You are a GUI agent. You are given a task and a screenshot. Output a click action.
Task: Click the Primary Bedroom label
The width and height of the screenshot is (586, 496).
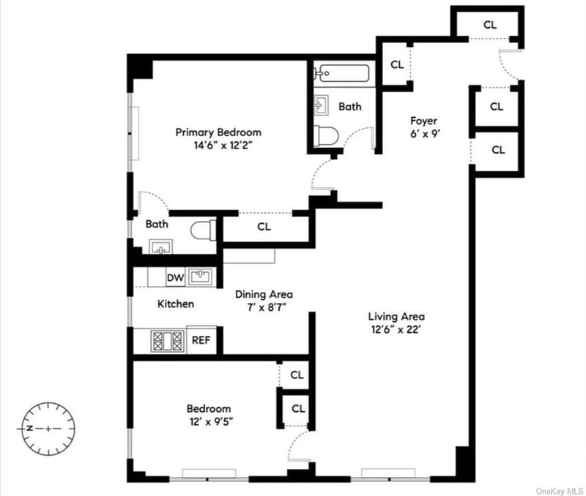[x=218, y=132]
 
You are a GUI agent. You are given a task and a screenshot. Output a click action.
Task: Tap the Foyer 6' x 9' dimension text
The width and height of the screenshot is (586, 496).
[x=425, y=134]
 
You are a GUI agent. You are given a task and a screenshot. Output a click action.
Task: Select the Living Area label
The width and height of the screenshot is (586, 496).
[x=396, y=317]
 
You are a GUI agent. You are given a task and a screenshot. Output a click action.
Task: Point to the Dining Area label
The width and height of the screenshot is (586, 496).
[x=264, y=295]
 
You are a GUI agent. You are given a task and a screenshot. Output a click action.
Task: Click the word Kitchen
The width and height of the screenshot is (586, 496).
[x=176, y=304]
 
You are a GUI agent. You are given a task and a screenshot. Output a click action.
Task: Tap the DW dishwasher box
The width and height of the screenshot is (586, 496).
[x=176, y=278]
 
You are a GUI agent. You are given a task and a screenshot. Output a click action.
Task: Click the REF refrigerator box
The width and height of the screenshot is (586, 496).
[x=201, y=340]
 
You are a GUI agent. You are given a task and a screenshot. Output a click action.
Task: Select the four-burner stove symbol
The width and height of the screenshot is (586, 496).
[x=167, y=341]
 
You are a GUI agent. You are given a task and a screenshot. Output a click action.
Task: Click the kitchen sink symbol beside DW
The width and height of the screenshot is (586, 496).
[x=201, y=277]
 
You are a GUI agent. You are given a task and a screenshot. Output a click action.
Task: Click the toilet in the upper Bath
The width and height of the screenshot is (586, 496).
[x=326, y=136]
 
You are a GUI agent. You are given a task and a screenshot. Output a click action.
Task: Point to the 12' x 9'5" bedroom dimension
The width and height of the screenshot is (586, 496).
[x=211, y=421]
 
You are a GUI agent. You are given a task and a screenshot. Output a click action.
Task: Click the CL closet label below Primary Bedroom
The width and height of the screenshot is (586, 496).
[x=264, y=227]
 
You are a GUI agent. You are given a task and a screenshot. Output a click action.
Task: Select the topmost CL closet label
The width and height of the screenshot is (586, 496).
[x=490, y=25]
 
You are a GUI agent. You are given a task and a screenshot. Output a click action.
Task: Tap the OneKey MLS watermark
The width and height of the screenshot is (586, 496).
[x=558, y=491]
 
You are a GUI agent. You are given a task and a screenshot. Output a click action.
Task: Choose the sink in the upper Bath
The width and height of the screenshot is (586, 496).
[x=321, y=105]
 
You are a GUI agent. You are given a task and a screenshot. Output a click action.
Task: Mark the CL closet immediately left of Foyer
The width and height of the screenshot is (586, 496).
[x=397, y=64]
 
